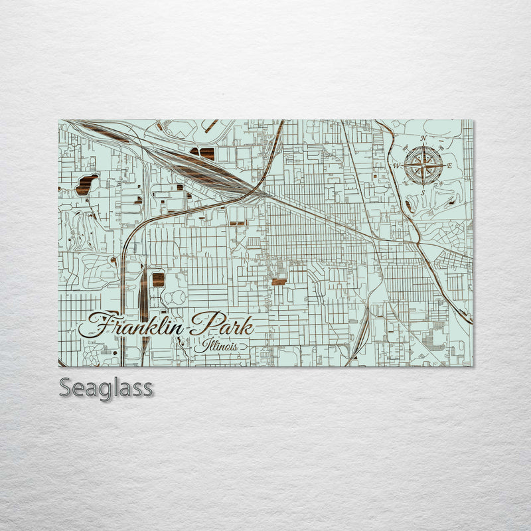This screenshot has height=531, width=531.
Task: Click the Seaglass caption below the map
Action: [x=106, y=387]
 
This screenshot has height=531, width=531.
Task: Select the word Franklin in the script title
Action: [x=137, y=325]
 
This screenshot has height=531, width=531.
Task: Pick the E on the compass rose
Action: [x=449, y=165]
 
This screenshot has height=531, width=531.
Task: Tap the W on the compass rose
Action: [x=398, y=165]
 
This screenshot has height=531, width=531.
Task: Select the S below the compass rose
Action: [x=423, y=192]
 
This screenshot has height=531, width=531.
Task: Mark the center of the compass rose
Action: [x=423, y=165]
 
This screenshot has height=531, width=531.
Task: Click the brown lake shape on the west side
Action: [x=86, y=185]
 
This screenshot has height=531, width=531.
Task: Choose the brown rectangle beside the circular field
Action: [x=158, y=279]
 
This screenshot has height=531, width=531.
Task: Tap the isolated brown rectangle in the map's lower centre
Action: [x=279, y=281]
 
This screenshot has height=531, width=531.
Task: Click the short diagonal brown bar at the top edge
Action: [x=210, y=125]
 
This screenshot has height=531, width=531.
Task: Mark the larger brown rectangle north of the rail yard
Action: [x=206, y=153]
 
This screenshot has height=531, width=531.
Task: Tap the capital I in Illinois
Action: [x=197, y=345]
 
